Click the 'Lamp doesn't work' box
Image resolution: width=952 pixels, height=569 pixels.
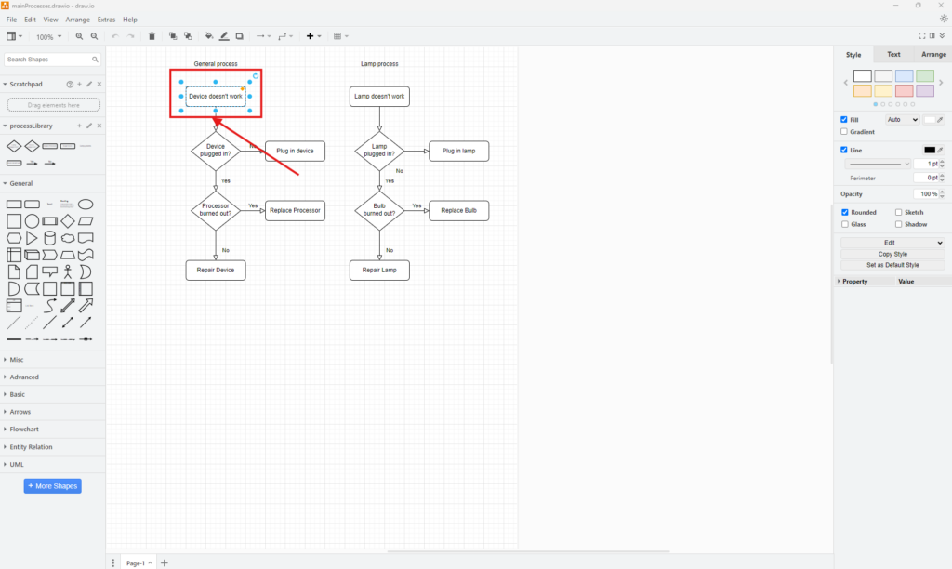(379, 96)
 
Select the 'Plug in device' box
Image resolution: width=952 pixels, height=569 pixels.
(295, 151)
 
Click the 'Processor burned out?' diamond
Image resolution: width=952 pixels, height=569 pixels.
(216, 211)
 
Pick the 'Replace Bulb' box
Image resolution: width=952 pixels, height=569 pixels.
(458, 211)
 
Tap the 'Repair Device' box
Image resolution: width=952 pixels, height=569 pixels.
(216, 271)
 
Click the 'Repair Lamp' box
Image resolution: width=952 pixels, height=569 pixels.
(379, 271)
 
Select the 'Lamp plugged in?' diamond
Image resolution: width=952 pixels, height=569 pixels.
(379, 151)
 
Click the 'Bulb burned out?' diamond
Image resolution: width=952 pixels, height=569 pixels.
(379, 211)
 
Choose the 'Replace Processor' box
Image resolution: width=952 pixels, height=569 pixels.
(295, 211)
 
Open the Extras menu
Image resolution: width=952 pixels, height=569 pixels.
(106, 20)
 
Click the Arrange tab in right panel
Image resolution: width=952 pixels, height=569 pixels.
(933, 55)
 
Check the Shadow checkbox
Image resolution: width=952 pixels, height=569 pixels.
(898, 224)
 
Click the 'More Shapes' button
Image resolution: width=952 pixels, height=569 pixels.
(52, 486)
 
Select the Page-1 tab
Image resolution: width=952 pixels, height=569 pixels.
(137, 562)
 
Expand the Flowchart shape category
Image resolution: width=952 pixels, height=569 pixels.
(24, 430)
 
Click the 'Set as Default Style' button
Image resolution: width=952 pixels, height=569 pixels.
(892, 265)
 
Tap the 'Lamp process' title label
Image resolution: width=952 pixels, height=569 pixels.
(379, 64)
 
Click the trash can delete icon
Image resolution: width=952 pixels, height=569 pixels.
(152, 36)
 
